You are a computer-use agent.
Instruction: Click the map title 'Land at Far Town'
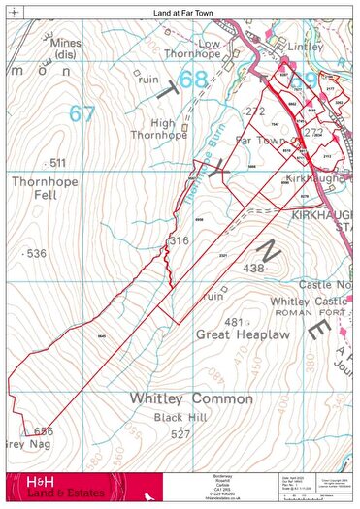tap(180, 10)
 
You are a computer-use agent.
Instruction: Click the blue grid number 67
tap(82, 113)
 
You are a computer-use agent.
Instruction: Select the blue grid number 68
tap(194, 81)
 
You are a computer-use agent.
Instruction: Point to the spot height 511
tap(57, 162)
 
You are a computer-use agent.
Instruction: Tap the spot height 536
tap(37, 253)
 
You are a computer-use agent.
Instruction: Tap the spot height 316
tap(179, 240)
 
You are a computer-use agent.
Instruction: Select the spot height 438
tap(253, 268)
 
